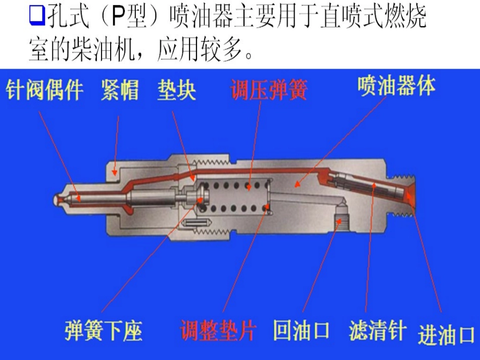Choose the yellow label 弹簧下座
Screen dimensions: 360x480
click(x=103, y=331)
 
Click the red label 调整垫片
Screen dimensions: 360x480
click(x=218, y=331)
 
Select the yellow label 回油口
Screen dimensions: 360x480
click(x=301, y=331)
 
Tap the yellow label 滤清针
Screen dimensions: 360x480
click(x=377, y=331)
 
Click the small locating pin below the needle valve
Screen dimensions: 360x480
click(x=198, y=223)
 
